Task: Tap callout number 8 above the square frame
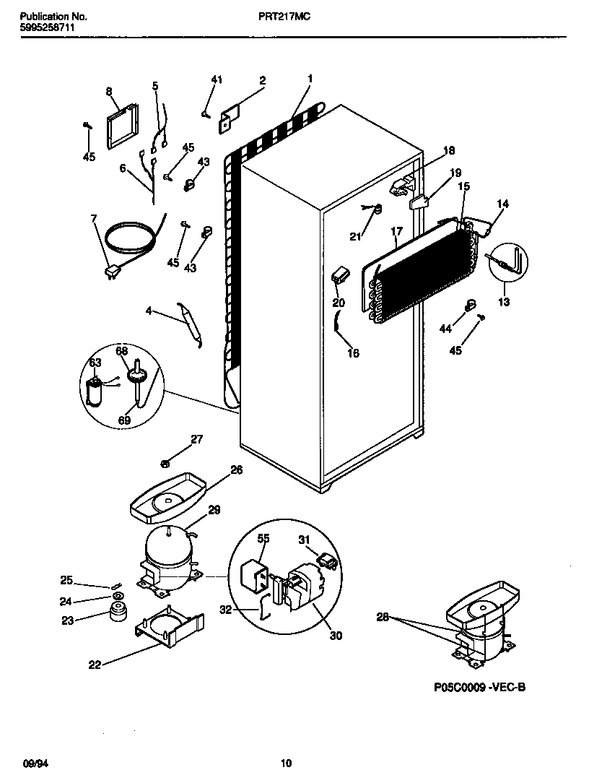109,92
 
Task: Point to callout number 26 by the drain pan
236,470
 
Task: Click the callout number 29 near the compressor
214,511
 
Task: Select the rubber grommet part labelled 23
115,613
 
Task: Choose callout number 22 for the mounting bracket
95,665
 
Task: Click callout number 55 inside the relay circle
263,539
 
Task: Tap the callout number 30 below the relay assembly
336,636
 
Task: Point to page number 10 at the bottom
286,763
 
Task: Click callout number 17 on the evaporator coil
396,232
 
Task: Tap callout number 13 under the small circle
504,302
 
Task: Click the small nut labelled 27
165,463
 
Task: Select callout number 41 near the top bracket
217,79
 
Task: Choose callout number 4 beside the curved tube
149,312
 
